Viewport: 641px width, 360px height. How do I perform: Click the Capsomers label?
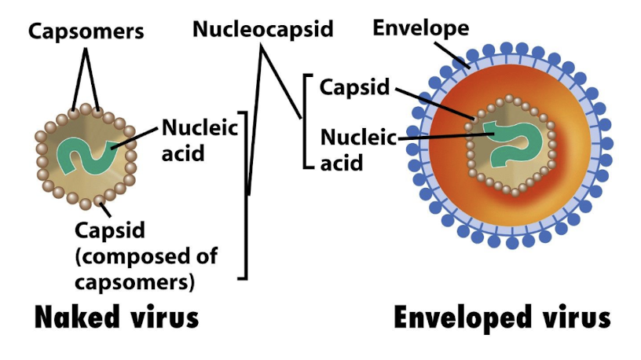87,31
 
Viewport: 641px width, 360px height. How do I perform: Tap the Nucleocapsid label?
262,29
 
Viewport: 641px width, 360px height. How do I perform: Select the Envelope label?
420,28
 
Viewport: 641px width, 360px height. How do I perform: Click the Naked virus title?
116,318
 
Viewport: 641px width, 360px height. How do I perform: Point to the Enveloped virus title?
502,318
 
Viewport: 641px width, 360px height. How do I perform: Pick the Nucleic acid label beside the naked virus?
200,139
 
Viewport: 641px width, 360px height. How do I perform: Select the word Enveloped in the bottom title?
460,318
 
